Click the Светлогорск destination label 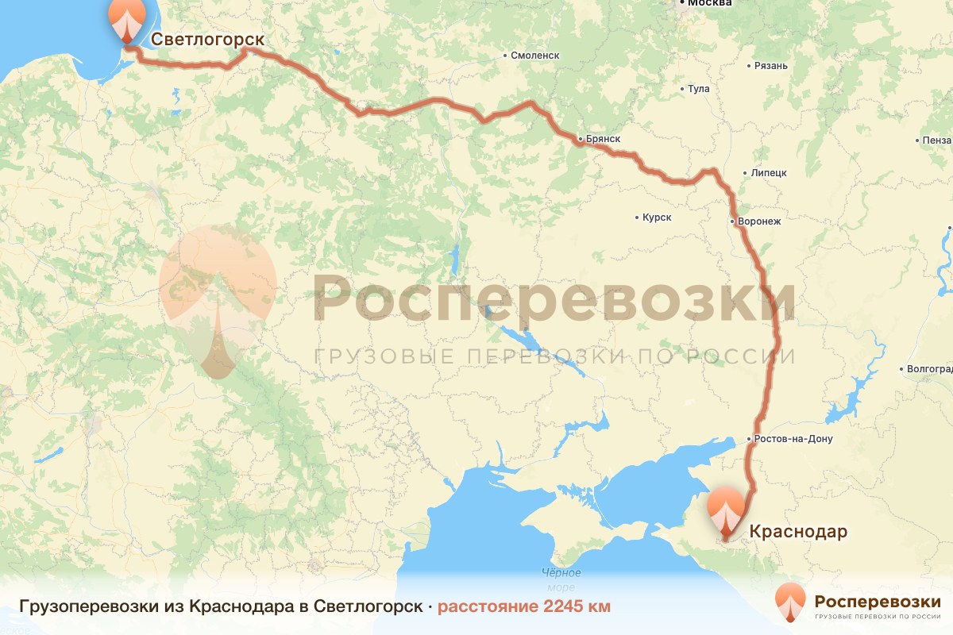pos(207,39)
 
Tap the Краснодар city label pos(798,531)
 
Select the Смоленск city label pos(535,56)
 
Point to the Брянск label pos(602,139)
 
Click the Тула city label pos(699,89)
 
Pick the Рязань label pos(772,66)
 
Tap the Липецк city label pos(768,172)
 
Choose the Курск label pos(658,217)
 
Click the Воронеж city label pos(760,222)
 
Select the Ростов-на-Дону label pos(793,439)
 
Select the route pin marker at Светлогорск pos(126,19)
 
